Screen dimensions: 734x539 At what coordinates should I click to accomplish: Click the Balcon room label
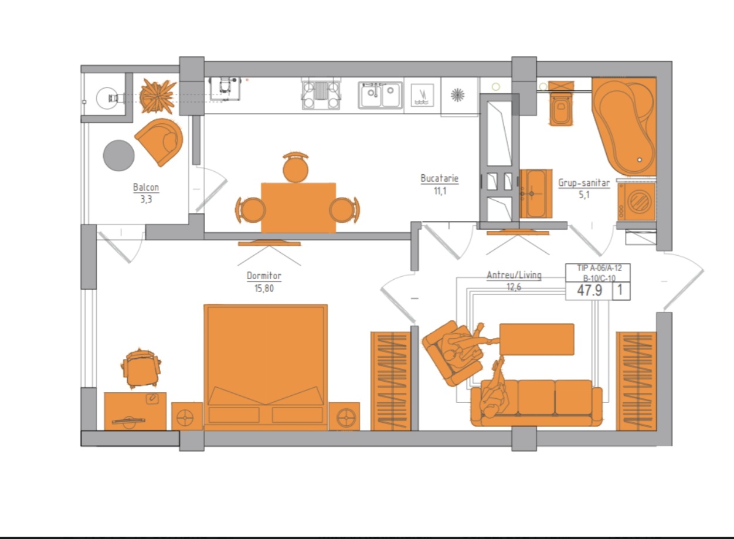(x=146, y=187)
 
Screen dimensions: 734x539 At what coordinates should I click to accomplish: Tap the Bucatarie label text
(x=440, y=178)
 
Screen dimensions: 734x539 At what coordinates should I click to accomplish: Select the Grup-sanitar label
(x=584, y=182)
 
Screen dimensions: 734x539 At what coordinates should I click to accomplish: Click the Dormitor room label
(x=264, y=276)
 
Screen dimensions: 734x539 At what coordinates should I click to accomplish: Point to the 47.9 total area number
(x=590, y=290)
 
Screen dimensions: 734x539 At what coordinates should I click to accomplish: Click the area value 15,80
(x=264, y=289)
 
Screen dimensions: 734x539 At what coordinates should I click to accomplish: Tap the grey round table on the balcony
(x=118, y=155)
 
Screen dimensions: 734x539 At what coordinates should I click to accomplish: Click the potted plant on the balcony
(x=158, y=96)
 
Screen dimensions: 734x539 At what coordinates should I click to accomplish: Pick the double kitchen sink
(x=380, y=95)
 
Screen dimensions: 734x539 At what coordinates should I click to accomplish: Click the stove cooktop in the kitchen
(x=321, y=95)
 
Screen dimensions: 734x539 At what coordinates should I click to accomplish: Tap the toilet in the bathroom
(x=561, y=104)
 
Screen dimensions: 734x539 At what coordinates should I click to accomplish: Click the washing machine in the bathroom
(x=636, y=201)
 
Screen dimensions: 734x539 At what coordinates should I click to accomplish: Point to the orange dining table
(x=298, y=208)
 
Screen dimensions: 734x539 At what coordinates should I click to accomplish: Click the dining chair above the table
(x=295, y=167)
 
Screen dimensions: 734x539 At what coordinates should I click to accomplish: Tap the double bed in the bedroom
(x=266, y=367)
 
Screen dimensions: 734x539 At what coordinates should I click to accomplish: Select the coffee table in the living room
(x=537, y=340)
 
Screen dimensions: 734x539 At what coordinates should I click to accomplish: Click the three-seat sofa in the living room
(x=536, y=403)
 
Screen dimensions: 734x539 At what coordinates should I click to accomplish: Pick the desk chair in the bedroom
(x=141, y=368)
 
